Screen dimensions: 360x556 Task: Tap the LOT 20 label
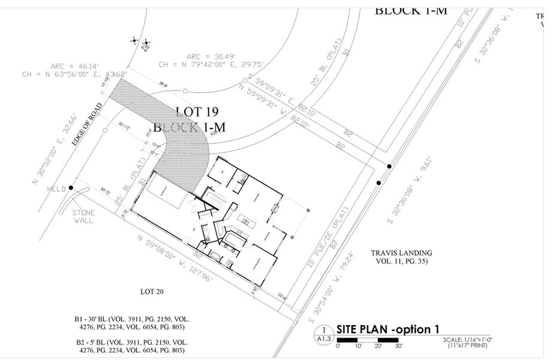152,292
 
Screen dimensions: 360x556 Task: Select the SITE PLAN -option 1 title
387,329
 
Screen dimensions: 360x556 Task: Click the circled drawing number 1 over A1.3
324,329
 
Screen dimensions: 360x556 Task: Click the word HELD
56,188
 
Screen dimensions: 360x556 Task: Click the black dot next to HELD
71,188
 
